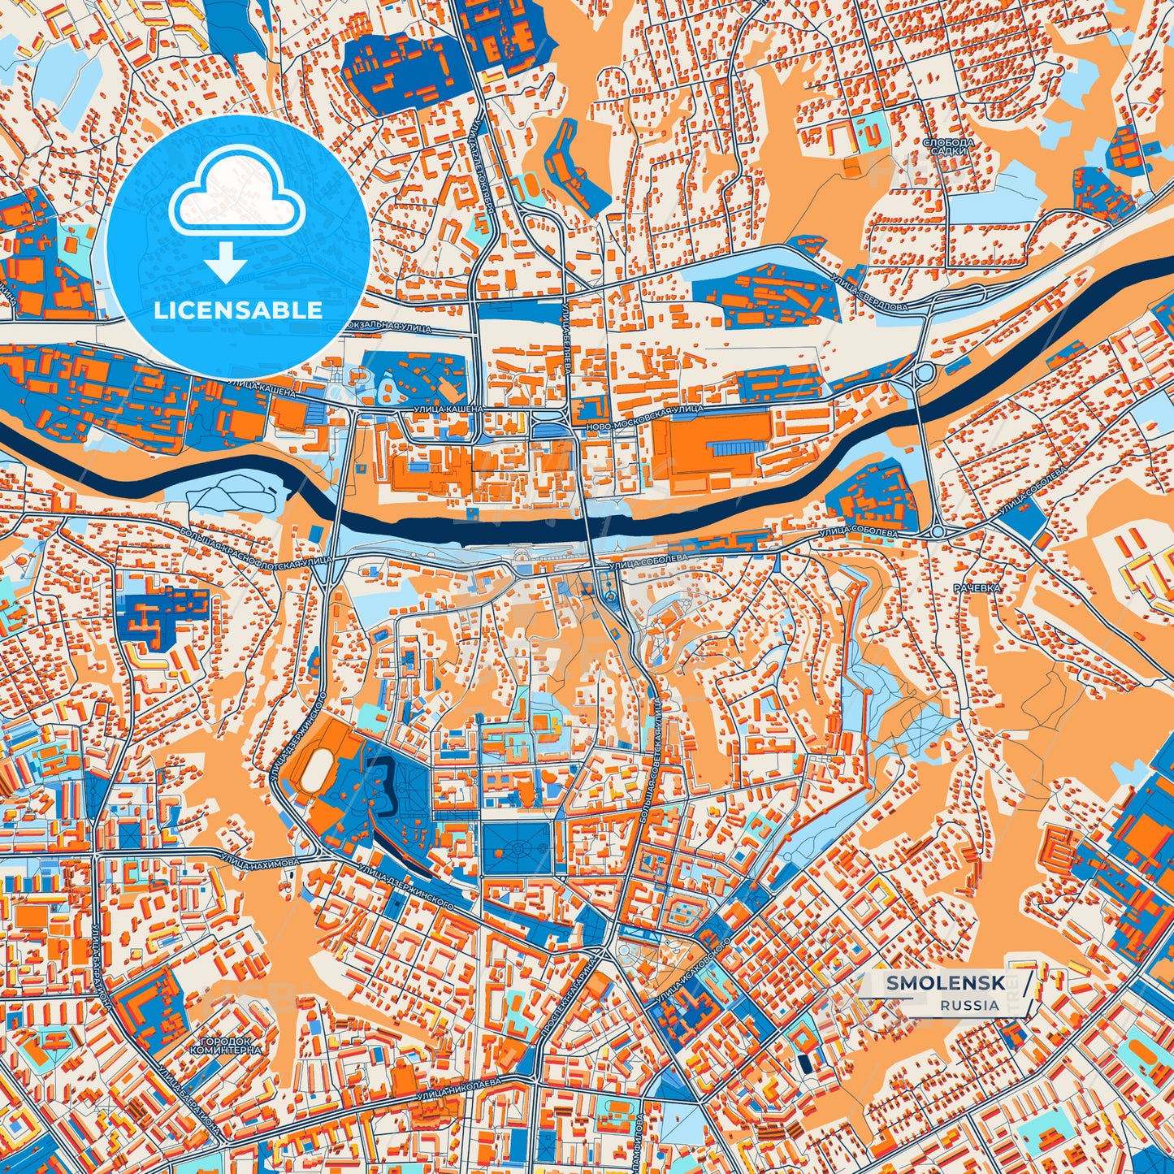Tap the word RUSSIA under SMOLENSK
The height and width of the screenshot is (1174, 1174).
pos(970,1005)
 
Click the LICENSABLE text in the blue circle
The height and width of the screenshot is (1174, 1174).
pos(238,310)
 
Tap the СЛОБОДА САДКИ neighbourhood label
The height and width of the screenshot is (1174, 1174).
pos(945,146)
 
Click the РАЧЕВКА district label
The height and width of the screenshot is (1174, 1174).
pos(977,587)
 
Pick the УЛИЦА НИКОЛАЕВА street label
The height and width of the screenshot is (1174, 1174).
pos(466,1090)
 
